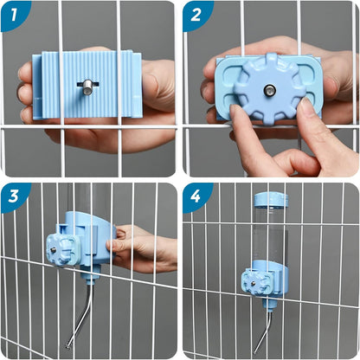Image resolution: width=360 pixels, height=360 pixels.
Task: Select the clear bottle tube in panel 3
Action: pos(89,208)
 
